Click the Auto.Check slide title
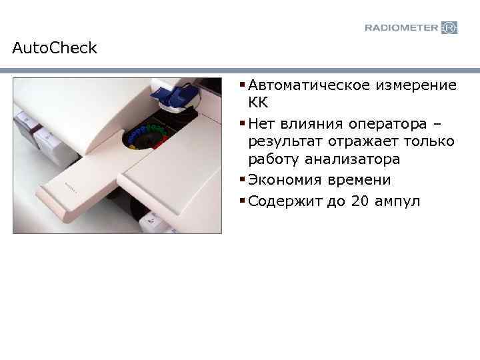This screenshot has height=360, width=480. pyautogui.click(x=55, y=49)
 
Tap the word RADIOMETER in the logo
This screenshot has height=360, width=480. pyautogui.click(x=401, y=27)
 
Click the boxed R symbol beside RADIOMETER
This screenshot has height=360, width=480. pyautogui.click(x=450, y=27)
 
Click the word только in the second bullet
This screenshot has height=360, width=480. pyautogui.click(x=429, y=141)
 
